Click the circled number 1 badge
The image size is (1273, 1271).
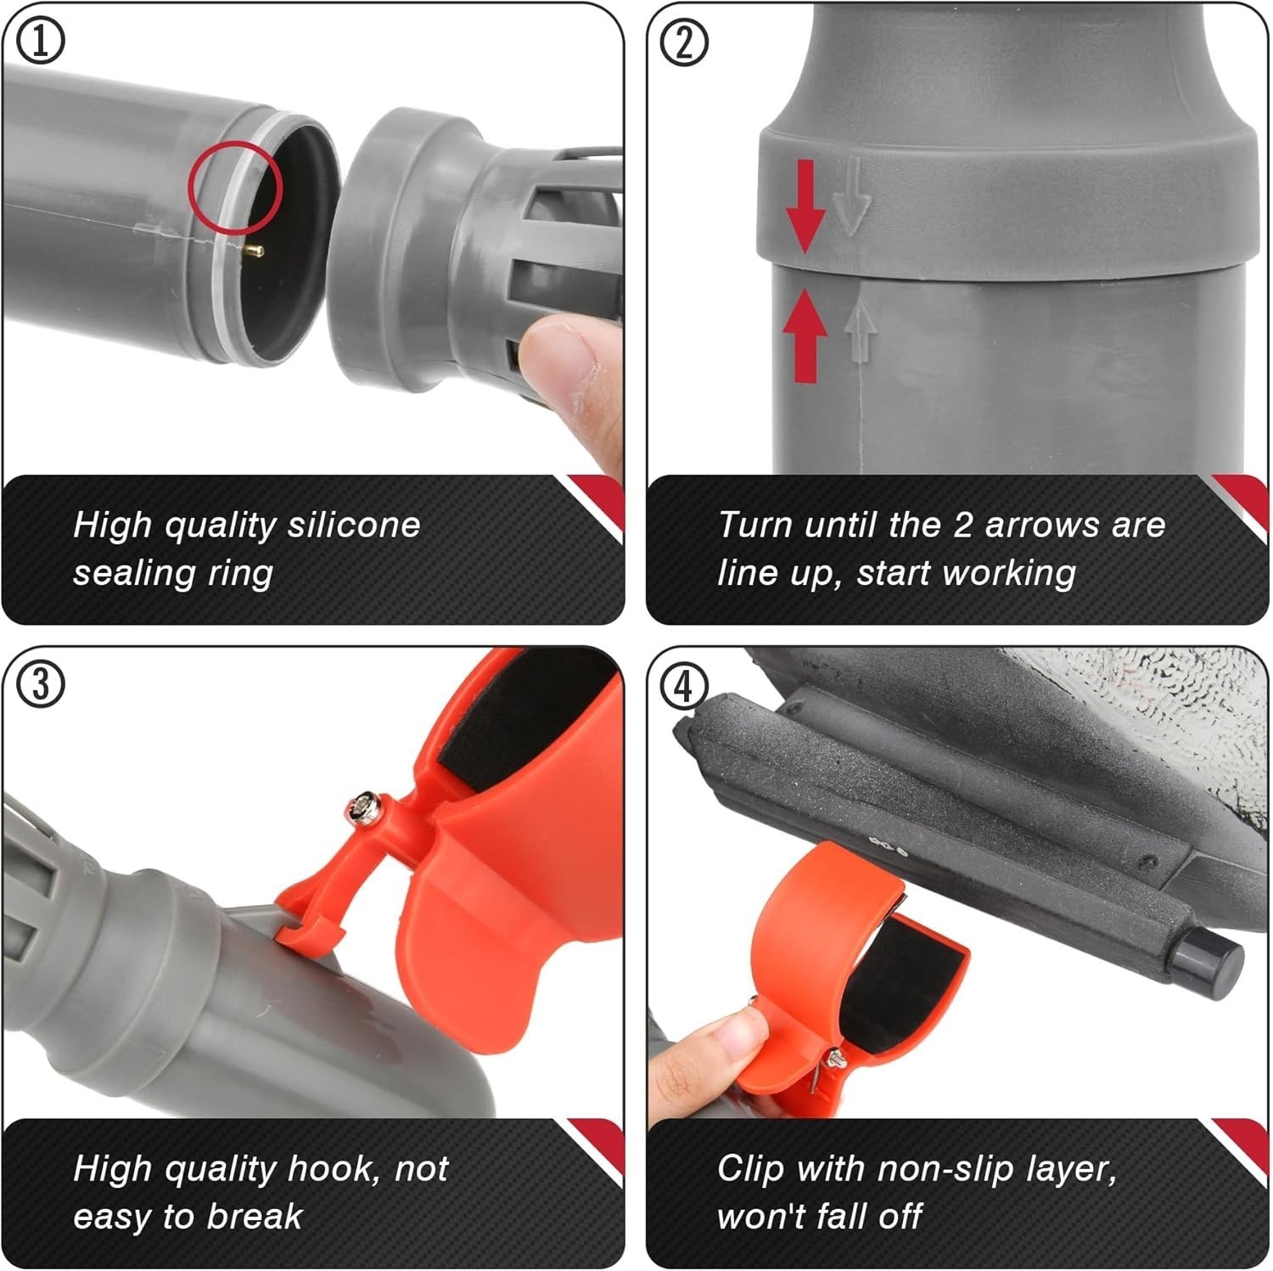click(40, 41)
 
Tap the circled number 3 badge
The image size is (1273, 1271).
click(40, 684)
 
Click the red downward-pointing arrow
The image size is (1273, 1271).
click(805, 205)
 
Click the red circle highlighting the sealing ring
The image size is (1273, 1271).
click(235, 188)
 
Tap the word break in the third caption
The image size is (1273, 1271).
click(255, 1218)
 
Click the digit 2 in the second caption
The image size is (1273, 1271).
click(962, 525)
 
